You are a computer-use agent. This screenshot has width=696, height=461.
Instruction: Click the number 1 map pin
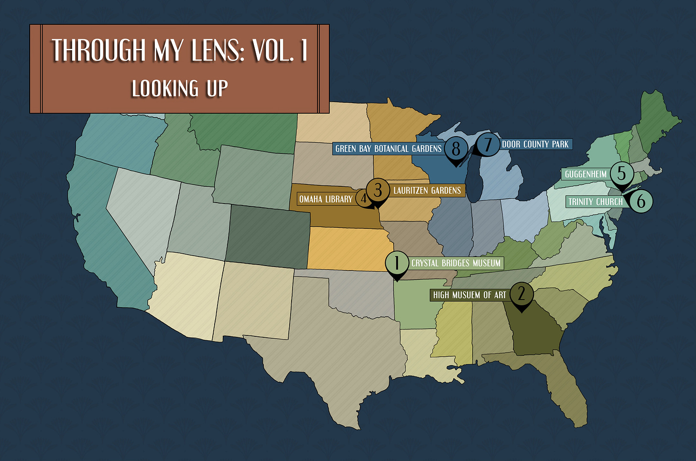(x=396, y=263)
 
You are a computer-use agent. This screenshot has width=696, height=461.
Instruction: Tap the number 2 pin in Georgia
(x=521, y=293)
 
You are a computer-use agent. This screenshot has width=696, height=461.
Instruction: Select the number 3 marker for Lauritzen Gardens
(x=378, y=190)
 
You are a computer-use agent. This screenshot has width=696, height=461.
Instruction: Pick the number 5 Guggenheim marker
(x=621, y=173)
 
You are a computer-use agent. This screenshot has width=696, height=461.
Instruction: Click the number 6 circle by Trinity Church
(x=641, y=201)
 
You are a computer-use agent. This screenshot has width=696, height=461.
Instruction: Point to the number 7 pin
(x=488, y=144)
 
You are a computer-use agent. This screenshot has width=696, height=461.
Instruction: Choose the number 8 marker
(x=456, y=149)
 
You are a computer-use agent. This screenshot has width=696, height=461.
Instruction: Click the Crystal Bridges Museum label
(x=456, y=263)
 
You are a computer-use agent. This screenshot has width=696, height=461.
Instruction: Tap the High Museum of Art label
(x=469, y=295)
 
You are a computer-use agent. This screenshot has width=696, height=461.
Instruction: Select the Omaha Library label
(x=326, y=199)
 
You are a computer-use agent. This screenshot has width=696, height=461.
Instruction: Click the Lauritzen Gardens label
(x=427, y=191)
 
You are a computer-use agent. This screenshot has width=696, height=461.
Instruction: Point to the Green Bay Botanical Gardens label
(x=388, y=149)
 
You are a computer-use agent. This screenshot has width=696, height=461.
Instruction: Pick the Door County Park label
(x=535, y=144)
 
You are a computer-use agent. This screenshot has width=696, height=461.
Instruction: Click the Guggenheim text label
(x=586, y=174)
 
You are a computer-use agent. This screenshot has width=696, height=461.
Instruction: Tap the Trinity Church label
(x=596, y=202)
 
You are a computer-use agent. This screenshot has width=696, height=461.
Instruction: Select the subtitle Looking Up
(x=180, y=89)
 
